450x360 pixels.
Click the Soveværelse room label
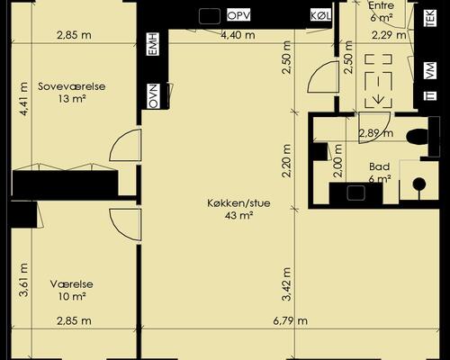pos(72,86)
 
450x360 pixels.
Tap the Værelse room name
pos(72,284)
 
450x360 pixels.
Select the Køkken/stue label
pos(238,203)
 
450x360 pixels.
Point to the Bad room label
pos(380,166)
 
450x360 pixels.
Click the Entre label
pos(381,5)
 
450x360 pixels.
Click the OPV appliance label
pos(238,15)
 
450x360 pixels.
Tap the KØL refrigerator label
pos(321,15)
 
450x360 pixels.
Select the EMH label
pos(153,44)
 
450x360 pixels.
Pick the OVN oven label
pos(153,96)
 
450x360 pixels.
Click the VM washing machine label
pos(430,71)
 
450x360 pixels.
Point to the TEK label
pos(430,18)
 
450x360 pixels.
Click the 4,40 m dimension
pos(238,35)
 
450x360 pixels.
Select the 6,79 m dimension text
pos(291,321)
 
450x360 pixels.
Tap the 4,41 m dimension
pos(23,99)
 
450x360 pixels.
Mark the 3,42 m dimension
pos(286,283)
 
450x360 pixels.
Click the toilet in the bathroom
pos(418,137)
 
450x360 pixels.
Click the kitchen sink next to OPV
pos(210,16)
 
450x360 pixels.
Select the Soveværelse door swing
pos(125,145)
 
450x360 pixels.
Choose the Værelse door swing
pos(125,225)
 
